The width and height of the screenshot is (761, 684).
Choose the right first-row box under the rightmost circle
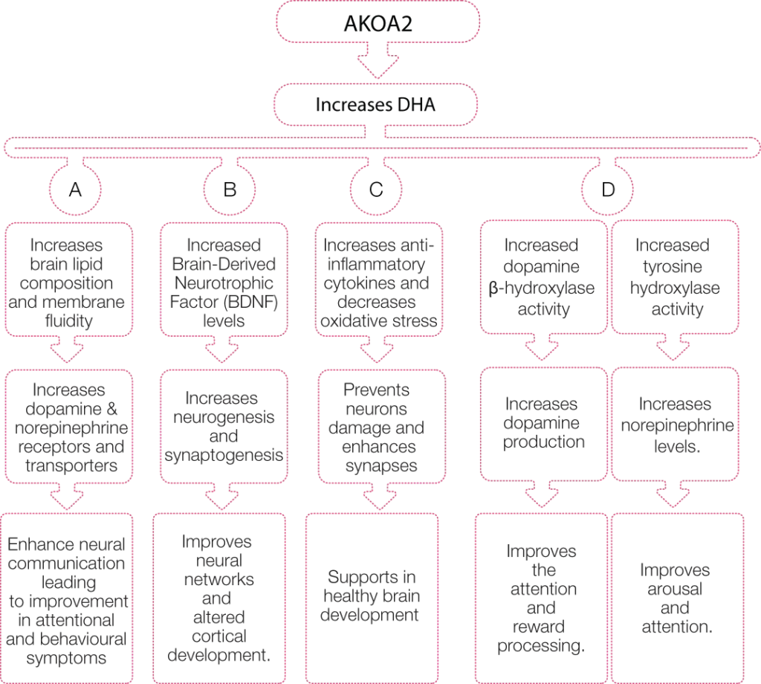pyautogui.click(x=676, y=275)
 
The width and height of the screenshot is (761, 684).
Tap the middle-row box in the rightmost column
pyautogui.click(x=676, y=424)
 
